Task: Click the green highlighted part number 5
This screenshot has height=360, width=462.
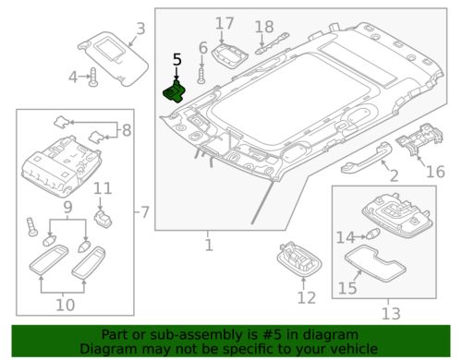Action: pos(175,92)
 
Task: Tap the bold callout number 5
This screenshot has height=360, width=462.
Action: pos(176,60)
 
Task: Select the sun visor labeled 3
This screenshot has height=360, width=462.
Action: pos(113,58)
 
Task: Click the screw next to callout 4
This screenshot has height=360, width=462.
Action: pos(93,77)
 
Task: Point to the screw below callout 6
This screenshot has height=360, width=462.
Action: pos(201,76)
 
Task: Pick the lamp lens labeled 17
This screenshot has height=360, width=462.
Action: pos(230,55)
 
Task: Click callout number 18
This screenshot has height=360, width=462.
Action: pos(264,27)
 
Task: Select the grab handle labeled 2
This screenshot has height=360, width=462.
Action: pos(366,158)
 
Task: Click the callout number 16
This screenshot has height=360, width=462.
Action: pos(435,172)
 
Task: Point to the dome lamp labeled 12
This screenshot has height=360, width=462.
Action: pos(299,258)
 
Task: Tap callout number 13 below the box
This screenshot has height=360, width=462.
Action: pos(391,314)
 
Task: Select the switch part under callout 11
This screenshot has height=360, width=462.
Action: pos(103,219)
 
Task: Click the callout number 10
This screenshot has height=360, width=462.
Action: pos(65,305)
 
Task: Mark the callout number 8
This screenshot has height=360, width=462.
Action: pos(127,130)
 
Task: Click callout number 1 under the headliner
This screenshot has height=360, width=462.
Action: pos(209,246)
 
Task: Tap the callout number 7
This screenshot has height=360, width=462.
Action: pos(145,212)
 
